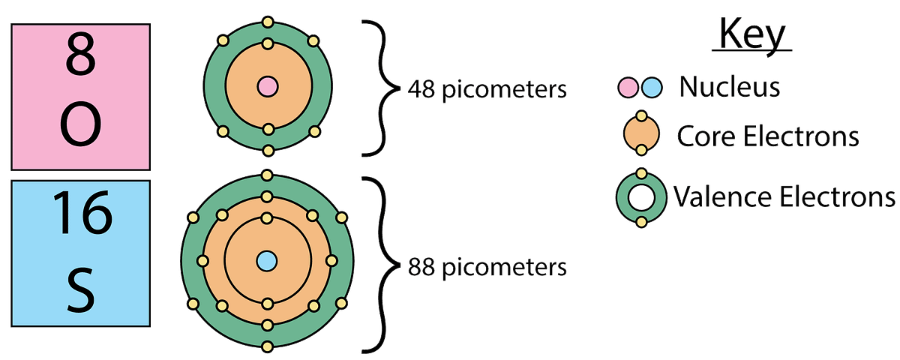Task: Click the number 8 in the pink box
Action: coord(80,54)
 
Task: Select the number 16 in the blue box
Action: coord(82,213)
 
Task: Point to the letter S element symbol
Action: coord(81,290)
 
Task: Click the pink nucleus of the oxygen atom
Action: coord(268,86)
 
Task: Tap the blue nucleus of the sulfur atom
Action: coord(267,261)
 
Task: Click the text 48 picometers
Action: coord(487,89)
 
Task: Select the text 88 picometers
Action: coord(487,267)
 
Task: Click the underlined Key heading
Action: coord(751,35)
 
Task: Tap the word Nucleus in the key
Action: coord(730,87)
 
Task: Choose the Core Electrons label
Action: coord(768,136)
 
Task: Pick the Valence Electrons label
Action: coord(784,197)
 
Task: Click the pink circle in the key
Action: coord(628,87)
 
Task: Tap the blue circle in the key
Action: coord(652,87)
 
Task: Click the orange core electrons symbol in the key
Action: coord(642,133)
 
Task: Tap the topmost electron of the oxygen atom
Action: coord(268,22)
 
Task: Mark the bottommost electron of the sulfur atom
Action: coord(267,346)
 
